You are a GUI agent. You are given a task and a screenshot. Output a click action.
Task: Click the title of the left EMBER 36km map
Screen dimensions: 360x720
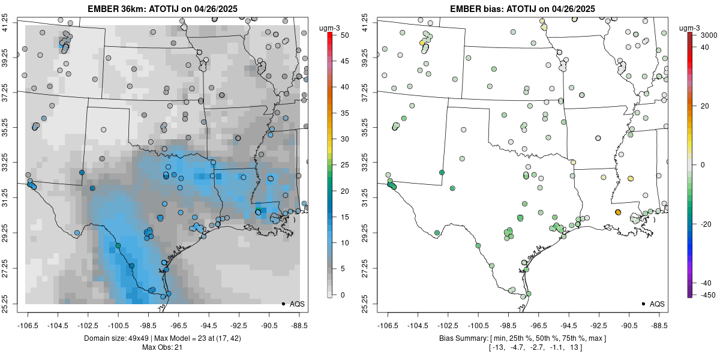[163, 8]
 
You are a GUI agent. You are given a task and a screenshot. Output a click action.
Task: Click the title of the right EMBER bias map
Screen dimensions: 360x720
[523, 8]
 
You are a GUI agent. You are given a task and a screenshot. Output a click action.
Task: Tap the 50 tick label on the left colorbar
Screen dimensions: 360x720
[344, 35]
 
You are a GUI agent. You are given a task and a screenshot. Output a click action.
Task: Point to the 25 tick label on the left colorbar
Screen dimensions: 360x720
[344, 165]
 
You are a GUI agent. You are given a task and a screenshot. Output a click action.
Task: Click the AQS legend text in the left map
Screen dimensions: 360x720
[297, 304]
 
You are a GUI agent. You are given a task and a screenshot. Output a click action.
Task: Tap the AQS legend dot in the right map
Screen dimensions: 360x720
[643, 304]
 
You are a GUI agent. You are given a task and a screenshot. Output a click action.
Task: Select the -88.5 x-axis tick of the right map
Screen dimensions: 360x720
[659, 326]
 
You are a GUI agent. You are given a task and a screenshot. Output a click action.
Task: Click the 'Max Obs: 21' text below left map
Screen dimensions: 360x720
[162, 347]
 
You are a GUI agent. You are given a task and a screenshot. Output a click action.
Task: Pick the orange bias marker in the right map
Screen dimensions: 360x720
[618, 212]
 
